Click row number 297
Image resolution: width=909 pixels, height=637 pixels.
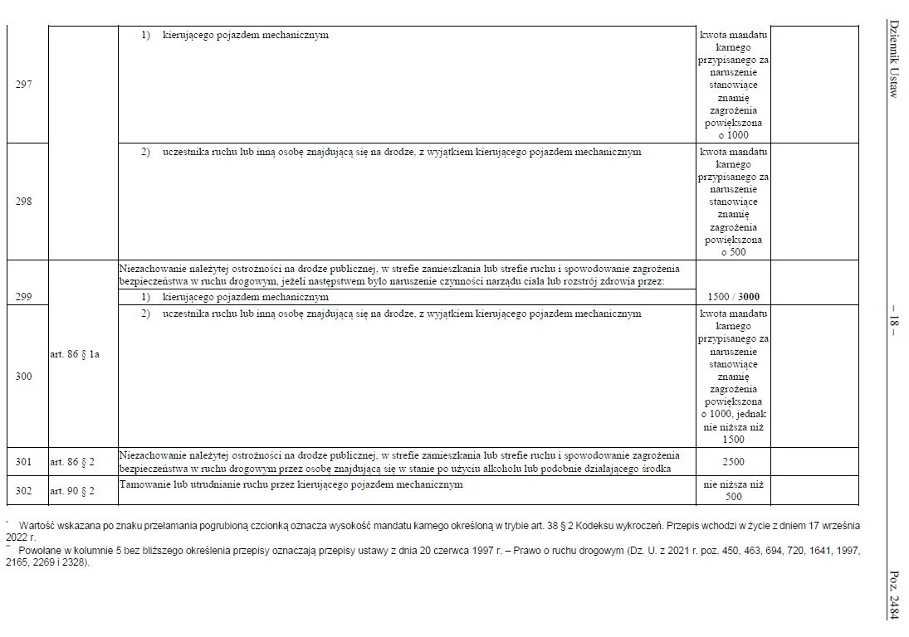[24, 85]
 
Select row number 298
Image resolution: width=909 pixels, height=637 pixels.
[24, 202]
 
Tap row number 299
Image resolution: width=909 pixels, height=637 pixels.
[24, 296]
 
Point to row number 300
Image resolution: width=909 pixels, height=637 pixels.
[24, 377]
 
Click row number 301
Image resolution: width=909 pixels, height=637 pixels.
[24, 461]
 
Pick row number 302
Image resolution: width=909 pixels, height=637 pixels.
[24, 491]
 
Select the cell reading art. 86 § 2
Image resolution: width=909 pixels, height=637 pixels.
[72, 461]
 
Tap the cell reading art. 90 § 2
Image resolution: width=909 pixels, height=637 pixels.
[72, 491]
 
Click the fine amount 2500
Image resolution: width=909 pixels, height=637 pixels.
[733, 461]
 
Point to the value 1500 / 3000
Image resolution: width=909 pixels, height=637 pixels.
[733, 297]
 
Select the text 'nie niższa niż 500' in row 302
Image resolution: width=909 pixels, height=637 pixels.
[733, 490]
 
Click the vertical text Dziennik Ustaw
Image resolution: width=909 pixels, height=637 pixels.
[893, 58]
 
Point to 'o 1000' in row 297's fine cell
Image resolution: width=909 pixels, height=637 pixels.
[733, 134]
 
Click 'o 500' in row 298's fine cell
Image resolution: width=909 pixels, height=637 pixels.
[733, 252]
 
